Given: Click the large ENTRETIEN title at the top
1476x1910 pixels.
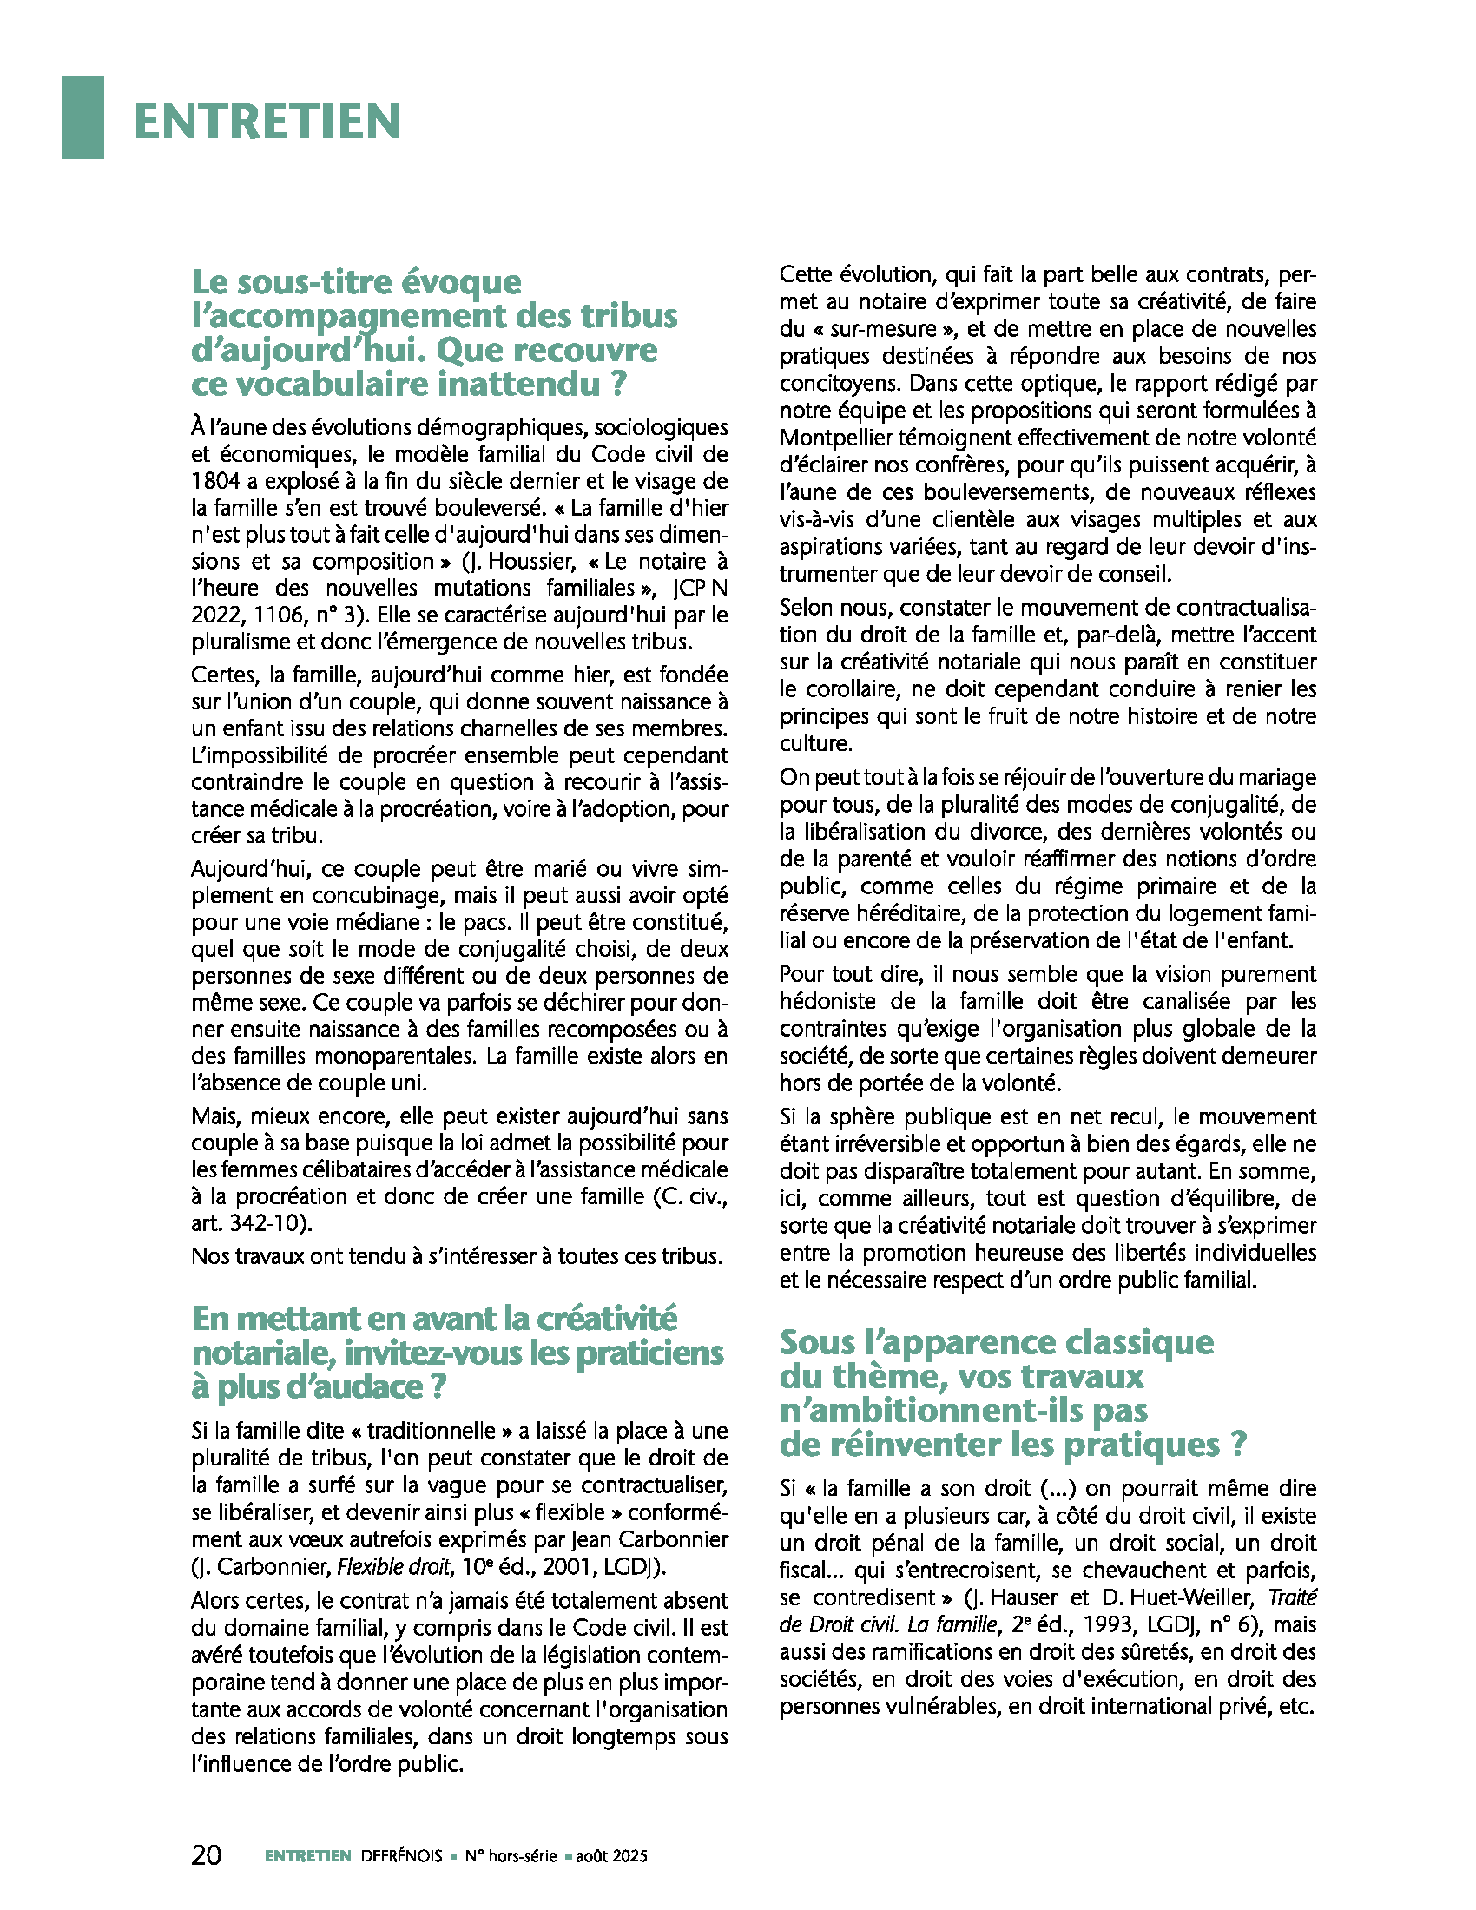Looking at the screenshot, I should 267,121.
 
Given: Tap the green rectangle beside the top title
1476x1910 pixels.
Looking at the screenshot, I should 82,117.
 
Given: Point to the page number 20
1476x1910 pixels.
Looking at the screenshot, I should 207,1855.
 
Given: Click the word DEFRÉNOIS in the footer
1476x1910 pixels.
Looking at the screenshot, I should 402,1856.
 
